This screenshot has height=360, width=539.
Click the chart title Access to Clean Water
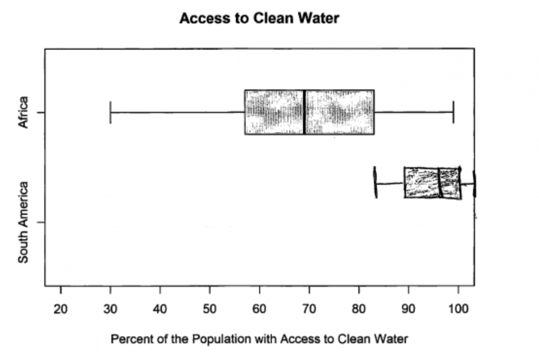[259, 18]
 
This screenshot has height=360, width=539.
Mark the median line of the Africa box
[305, 112]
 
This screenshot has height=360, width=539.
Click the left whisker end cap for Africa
[110, 112]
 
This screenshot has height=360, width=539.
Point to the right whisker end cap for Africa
[454, 112]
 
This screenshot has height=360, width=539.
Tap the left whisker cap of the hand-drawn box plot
[376, 183]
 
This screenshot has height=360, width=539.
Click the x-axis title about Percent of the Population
[259, 339]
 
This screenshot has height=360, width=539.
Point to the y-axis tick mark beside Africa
[41, 112]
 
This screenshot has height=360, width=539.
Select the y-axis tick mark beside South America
[41, 222]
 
